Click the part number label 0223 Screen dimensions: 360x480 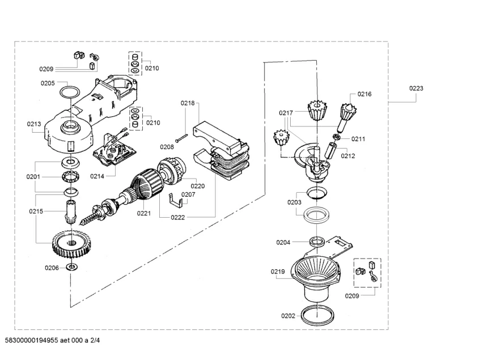click(416, 88)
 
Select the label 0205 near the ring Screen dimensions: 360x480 click(48, 83)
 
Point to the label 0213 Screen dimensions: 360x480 click(33, 123)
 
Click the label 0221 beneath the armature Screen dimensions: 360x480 click(144, 213)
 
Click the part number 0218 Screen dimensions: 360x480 click(188, 103)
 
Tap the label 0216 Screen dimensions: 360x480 click(364, 94)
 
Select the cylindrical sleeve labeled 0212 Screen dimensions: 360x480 click(332, 151)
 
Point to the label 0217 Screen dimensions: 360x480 click(286, 113)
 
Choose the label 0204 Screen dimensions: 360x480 click(283, 242)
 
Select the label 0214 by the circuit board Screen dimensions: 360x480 click(97, 176)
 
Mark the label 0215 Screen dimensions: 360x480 click(36, 211)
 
